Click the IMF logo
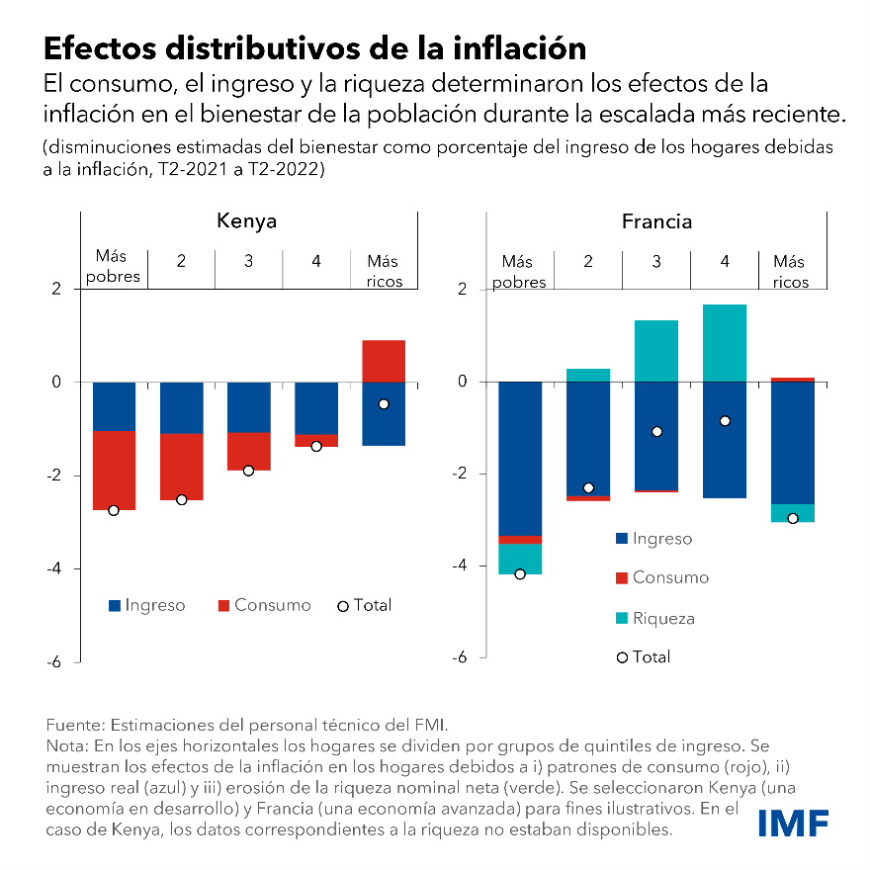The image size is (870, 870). pos(793,823)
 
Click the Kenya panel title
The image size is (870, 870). pos(246,220)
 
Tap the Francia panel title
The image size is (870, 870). pos(656,221)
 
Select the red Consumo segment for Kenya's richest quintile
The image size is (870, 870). pos(384,361)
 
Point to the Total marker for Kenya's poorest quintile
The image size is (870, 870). pos(114,510)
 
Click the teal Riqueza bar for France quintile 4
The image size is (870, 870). pos(725,342)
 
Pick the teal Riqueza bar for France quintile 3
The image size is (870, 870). pos(656,350)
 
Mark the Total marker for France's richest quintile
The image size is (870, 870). pos(793,518)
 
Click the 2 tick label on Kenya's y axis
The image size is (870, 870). pos(57,289)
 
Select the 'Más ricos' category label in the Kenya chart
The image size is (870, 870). pos(384,272)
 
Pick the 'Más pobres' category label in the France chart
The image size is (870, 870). pos(519,272)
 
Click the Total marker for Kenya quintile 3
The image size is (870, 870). pos(248,470)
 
